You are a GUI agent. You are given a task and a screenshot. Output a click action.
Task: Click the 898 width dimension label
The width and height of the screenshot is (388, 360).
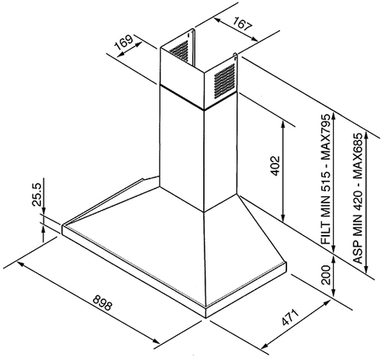point(102,303)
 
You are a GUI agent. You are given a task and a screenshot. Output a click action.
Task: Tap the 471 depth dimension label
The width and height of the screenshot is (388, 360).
point(290,317)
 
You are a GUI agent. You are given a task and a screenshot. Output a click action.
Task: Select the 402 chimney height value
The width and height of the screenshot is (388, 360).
point(275,165)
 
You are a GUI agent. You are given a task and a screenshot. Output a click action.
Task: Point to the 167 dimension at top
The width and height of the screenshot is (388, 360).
point(242,23)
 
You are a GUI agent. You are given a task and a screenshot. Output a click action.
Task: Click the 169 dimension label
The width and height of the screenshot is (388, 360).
point(124,43)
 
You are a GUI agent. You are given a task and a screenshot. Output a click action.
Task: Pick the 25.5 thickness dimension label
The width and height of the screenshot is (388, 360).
point(36,194)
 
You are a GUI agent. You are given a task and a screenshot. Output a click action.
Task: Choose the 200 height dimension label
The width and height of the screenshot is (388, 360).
point(326,275)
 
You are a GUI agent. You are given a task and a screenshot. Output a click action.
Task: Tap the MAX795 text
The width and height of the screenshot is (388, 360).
point(326,137)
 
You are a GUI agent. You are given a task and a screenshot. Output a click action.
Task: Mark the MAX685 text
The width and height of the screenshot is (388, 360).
point(359,156)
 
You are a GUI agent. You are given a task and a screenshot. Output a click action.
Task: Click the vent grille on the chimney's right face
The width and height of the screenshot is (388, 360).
point(224,81)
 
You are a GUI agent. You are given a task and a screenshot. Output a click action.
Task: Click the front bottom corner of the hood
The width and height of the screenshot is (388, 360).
point(206,317)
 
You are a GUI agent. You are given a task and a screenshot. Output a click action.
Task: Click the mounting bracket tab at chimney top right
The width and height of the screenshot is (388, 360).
point(235,57)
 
